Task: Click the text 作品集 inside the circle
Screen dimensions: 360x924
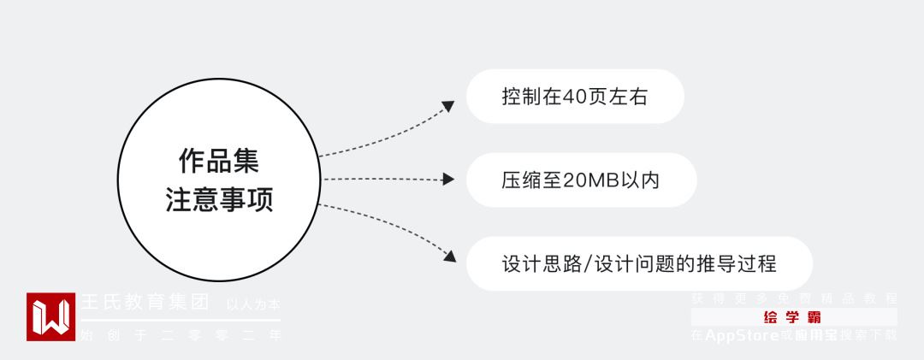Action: coord(218,161)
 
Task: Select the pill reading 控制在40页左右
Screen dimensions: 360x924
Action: coord(574,97)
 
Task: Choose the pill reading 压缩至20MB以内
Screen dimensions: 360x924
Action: coord(580,180)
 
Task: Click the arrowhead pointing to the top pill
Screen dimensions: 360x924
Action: coord(447,106)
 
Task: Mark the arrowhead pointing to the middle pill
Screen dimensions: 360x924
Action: coord(447,180)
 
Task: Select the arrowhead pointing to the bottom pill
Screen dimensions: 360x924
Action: coord(447,254)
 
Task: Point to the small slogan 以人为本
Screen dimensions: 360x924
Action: coord(252,304)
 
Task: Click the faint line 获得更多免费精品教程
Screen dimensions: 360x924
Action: coord(794,298)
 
